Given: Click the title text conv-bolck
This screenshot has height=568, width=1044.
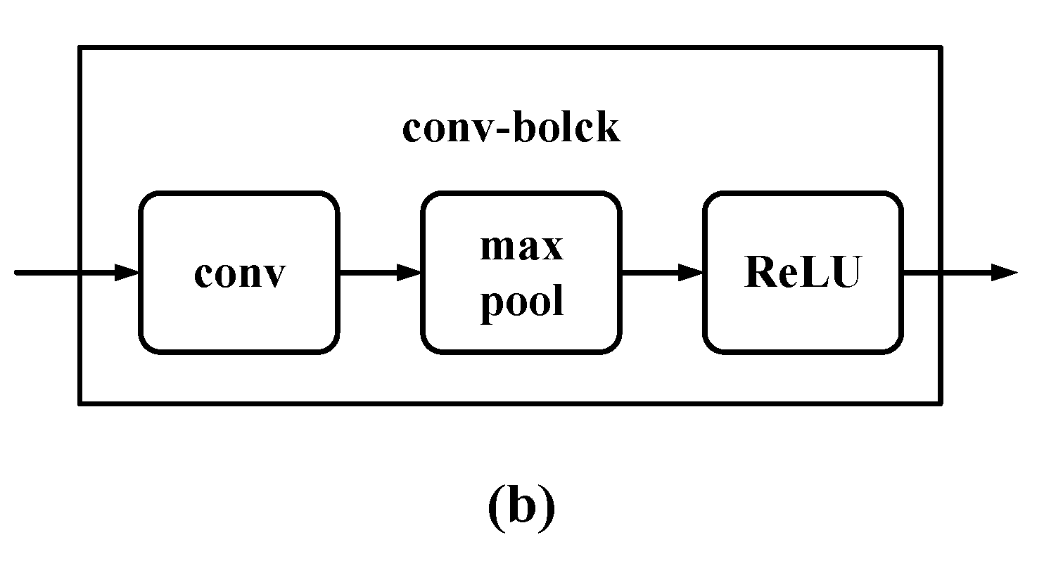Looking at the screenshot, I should click(511, 129).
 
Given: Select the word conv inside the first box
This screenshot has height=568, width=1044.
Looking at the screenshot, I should click(240, 273).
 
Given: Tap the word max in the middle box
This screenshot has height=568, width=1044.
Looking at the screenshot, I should click(521, 247).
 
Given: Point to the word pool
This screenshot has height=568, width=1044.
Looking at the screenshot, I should click(521, 302).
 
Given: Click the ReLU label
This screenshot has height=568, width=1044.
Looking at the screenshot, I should click(802, 273).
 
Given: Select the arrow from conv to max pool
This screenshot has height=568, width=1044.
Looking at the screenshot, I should click(380, 273).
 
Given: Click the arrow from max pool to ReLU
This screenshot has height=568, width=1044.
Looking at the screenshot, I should click(662, 273).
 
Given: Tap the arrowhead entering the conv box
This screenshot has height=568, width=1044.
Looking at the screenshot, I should click(127, 273).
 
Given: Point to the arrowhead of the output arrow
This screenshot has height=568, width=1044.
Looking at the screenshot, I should click(1005, 273).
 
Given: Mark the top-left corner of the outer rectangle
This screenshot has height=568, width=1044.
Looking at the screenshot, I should click(80, 48).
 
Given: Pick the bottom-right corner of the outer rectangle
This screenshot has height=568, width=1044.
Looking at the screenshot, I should click(941, 404).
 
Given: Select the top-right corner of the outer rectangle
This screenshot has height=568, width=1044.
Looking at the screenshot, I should click(941, 48).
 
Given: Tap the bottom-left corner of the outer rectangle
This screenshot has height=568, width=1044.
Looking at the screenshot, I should click(80, 404).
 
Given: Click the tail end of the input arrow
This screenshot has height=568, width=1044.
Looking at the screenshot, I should click(17, 273).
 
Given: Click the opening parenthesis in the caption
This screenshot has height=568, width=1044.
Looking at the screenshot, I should click(494, 508).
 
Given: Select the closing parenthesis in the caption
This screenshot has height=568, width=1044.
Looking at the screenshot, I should click(547, 508).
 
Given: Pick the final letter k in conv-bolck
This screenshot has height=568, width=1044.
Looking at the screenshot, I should click(609, 129).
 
